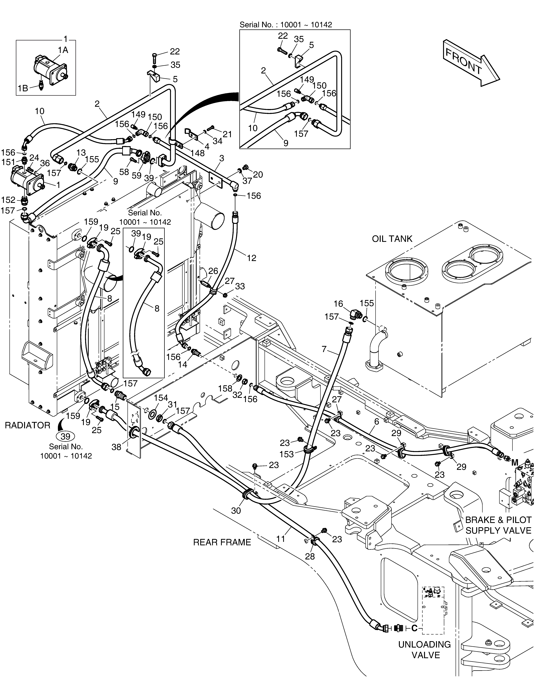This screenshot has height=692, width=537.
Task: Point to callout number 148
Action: pos(198,153)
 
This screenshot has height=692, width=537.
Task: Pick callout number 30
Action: pos(236,510)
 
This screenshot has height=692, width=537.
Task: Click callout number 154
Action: pos(161,398)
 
